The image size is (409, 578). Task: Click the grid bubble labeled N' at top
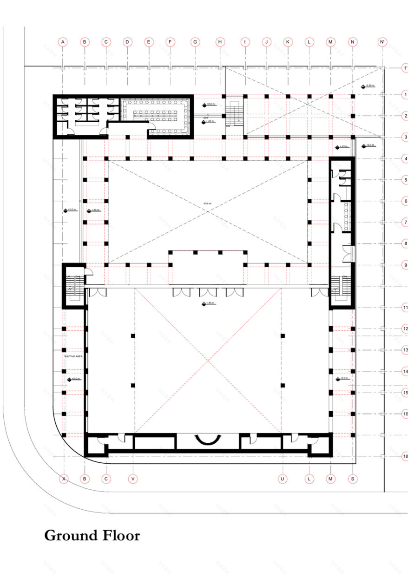pos(383,42)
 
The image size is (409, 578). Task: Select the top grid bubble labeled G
pos(195,42)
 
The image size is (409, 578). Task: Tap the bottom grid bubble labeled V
pos(133,478)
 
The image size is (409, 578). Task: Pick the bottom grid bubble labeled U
pos(282,478)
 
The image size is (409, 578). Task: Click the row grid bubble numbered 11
pos(405,308)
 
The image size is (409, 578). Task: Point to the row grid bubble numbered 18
pos(405,457)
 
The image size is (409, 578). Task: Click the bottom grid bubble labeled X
pos(64,478)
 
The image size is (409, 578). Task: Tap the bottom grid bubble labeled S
pos(353,478)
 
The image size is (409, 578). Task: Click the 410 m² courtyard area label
pos(207,204)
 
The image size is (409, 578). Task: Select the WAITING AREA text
pos(73,356)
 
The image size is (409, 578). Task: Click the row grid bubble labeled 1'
pos(405,68)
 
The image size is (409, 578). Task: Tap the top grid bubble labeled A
pos(63,42)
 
